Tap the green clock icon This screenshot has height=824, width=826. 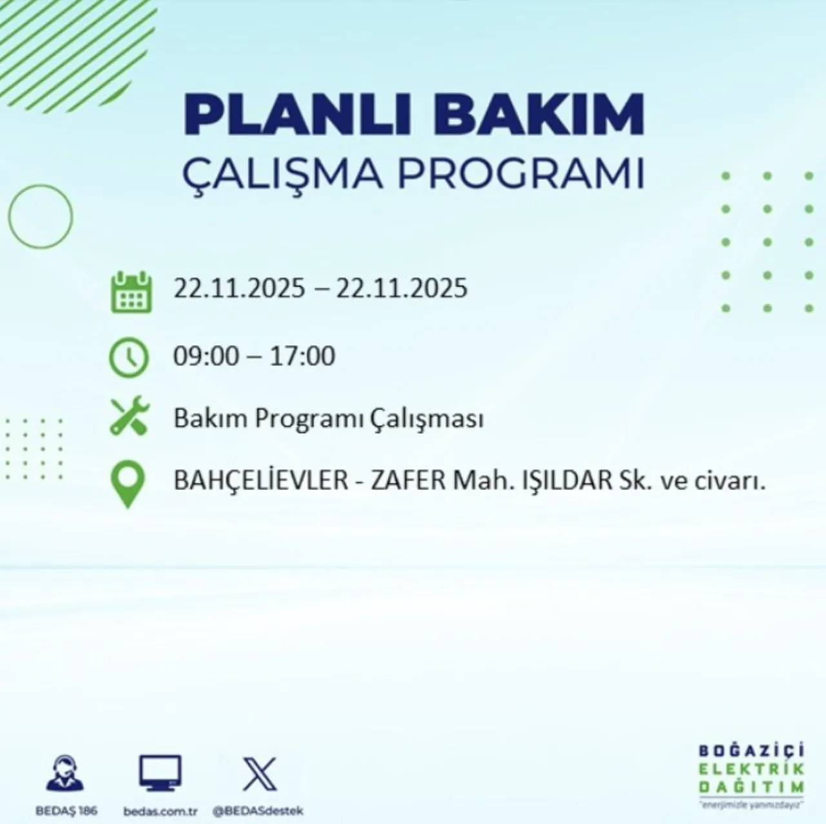tap(129, 357)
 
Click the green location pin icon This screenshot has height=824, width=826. tap(128, 484)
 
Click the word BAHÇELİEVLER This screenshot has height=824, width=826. tap(261, 482)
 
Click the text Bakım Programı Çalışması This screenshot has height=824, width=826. tap(328, 419)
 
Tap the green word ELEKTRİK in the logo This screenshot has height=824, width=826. tap(751, 769)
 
